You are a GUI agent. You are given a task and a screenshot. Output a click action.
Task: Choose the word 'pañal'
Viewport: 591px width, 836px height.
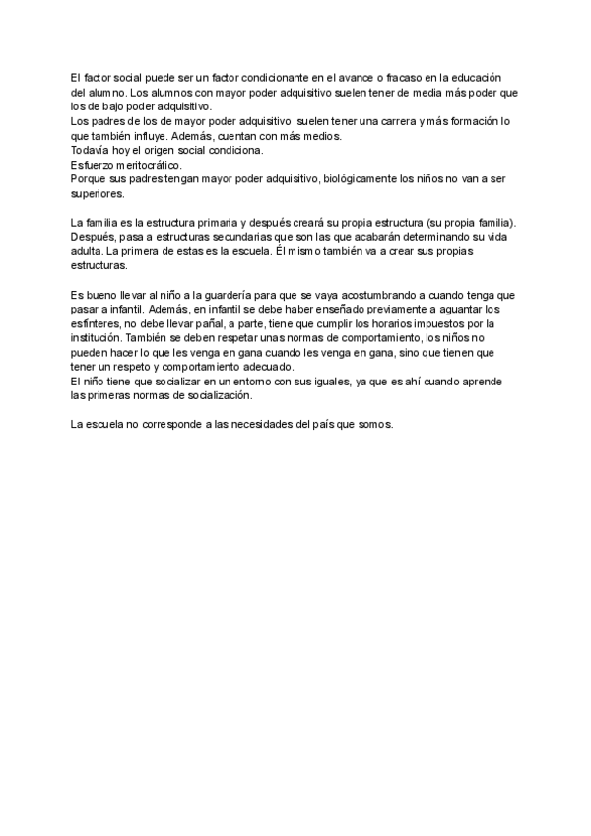[x=217, y=323]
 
